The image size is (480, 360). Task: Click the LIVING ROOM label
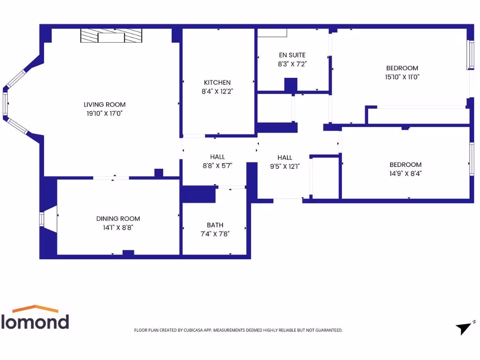105,105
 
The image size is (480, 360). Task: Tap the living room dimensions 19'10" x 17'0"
105,113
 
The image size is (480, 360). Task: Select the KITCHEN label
217,82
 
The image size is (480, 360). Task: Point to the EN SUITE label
292,55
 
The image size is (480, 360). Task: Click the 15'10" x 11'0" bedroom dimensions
402,77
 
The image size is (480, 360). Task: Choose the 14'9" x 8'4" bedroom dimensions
405,173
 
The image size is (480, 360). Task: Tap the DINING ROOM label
118,218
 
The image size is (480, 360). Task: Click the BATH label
215,225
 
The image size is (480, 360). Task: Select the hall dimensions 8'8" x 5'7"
217,165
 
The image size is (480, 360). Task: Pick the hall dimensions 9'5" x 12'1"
285,166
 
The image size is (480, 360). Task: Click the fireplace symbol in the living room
111,36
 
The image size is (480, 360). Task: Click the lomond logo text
35,322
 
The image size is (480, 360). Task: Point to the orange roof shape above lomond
35,309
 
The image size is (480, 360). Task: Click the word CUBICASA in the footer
192,330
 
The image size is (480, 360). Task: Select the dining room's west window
42,219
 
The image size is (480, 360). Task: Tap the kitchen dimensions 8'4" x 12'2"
217,91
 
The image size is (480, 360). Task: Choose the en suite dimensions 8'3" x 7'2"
292,64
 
